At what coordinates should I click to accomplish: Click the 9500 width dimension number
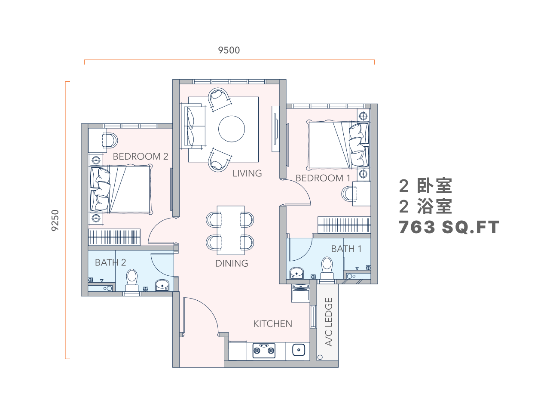[x=229, y=50]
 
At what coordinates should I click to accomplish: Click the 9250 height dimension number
[x=55, y=220]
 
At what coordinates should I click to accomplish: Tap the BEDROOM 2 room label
[x=141, y=157]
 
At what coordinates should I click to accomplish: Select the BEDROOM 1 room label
[x=323, y=178]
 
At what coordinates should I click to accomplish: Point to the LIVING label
[x=247, y=173]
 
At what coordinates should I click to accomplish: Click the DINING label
[x=232, y=263]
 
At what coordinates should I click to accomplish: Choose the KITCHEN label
[x=272, y=324]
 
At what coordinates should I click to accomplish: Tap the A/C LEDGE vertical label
[x=329, y=322]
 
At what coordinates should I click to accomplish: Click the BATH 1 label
[x=346, y=249]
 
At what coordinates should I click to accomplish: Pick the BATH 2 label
[x=110, y=262]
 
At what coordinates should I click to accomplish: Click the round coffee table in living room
[x=232, y=129]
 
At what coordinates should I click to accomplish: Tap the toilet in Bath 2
[x=132, y=280]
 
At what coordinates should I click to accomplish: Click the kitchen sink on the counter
[x=299, y=350]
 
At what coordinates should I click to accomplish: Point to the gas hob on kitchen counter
[x=264, y=350]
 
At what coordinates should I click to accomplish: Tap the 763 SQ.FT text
[x=449, y=227]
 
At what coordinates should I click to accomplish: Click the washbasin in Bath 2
[x=162, y=285]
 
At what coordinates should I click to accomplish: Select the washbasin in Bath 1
[x=296, y=273]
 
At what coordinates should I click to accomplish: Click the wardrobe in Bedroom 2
[x=114, y=237]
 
